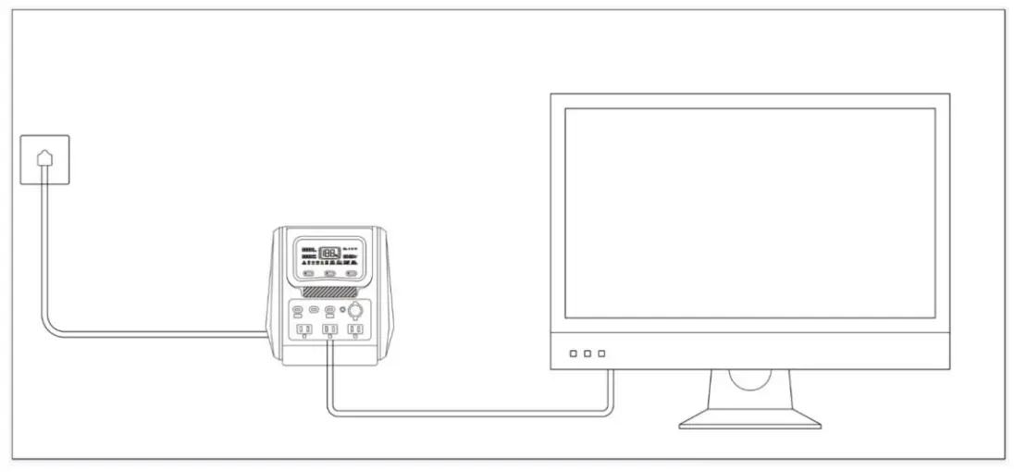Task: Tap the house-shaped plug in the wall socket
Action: [x=45, y=158]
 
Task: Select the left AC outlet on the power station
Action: [x=303, y=329]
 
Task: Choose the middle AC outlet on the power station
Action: [x=328, y=329]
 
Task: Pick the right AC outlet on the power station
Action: [x=354, y=329]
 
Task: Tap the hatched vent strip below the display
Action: [x=329, y=290]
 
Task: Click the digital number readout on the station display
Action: [x=328, y=253]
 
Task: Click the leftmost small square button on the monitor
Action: [x=574, y=354]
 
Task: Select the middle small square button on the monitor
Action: [x=587, y=354]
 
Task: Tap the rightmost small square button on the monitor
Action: [x=601, y=354]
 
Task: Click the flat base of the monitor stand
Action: [x=750, y=422]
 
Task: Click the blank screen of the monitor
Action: [x=749, y=213]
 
